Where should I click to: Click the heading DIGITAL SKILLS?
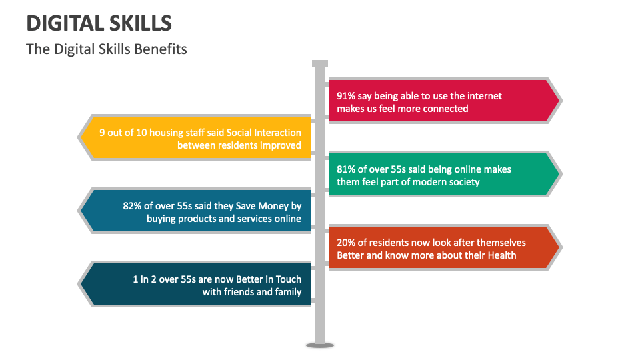coord(99,23)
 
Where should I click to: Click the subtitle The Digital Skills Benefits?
coord(107,49)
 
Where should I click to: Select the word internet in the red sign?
coord(483,96)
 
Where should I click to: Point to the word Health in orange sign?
coord(501,255)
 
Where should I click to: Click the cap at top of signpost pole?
coord(320,64)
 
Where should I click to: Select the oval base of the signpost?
coord(320,345)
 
